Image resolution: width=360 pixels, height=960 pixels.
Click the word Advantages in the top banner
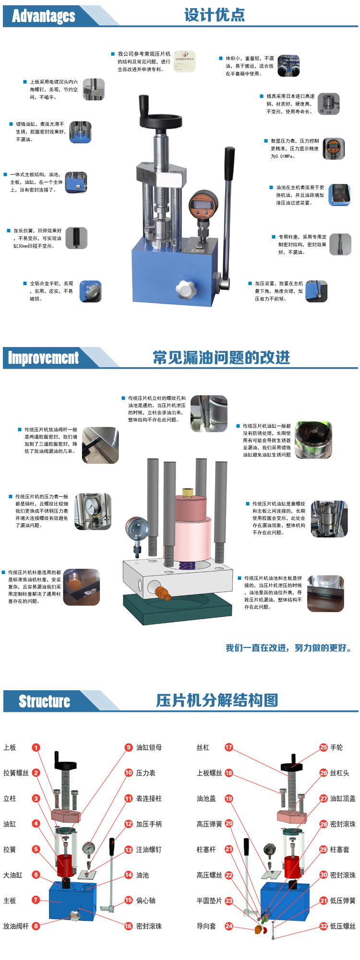(x=44, y=16)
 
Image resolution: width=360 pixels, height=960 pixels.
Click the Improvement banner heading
(x=43, y=358)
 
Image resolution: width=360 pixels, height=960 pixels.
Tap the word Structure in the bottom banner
(x=44, y=701)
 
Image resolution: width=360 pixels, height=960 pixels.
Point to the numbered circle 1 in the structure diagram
(x=36, y=747)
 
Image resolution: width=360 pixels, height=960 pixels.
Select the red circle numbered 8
(x=36, y=926)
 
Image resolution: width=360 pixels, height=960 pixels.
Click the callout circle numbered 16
(x=129, y=926)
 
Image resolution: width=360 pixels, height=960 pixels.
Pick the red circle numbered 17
(x=229, y=747)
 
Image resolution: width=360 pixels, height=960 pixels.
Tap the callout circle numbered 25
(x=324, y=747)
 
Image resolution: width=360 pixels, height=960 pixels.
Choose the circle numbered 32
(x=324, y=926)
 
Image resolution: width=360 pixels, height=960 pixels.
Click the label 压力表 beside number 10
(x=146, y=773)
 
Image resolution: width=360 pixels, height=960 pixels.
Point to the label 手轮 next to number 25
(x=336, y=747)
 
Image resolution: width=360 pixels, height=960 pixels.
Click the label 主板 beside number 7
(x=10, y=900)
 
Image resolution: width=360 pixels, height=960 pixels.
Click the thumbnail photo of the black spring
(x=76, y=238)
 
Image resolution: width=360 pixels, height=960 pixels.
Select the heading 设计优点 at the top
(x=214, y=15)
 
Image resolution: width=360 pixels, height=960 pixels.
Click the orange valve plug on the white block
(x=163, y=594)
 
